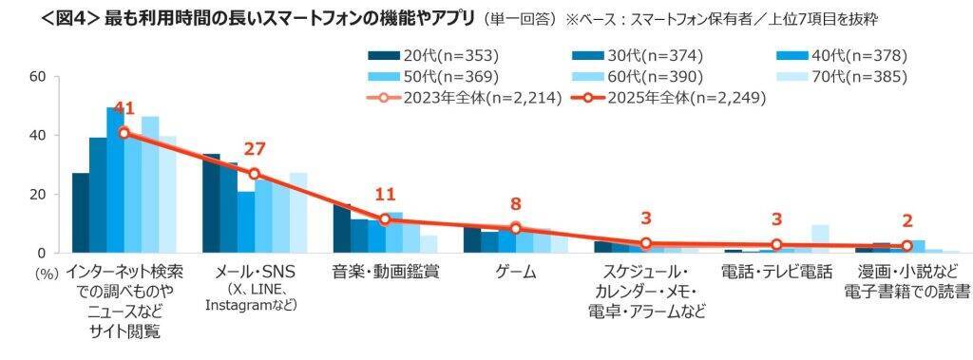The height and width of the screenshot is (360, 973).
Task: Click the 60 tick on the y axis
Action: pos(38,77)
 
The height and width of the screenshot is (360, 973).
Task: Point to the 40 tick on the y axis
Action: pos(38,136)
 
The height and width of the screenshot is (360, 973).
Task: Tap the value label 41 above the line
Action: pos(124,108)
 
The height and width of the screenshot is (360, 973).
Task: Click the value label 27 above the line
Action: pos(254,149)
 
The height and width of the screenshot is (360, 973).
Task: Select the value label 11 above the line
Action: pos(384,196)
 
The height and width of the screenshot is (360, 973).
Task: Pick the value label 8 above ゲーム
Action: pos(515,204)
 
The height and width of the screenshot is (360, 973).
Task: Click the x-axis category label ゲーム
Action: pos(515,273)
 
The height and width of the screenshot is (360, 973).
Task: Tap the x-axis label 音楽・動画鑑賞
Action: pos(384,273)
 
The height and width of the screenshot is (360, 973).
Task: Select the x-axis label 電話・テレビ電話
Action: pos(776,273)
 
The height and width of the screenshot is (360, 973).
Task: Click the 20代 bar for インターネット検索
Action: pos(81,214)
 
